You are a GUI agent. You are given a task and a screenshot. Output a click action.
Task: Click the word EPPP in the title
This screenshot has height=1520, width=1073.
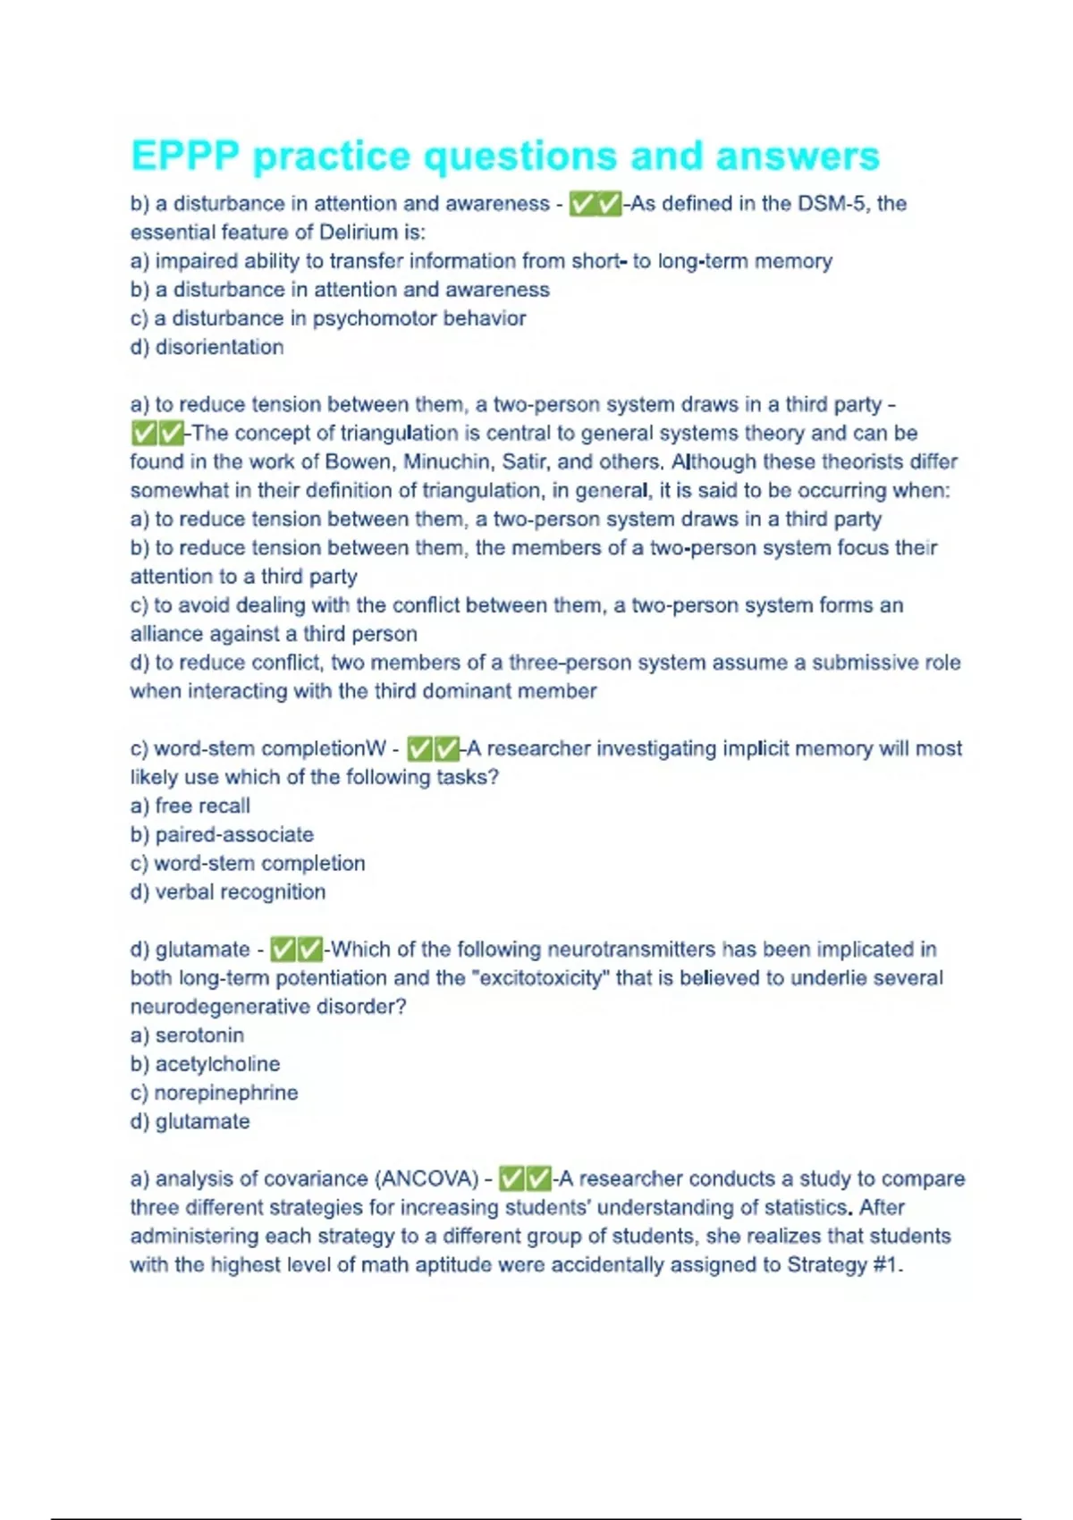(x=185, y=156)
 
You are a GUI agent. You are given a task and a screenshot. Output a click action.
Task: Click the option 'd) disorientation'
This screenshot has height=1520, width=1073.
(x=207, y=347)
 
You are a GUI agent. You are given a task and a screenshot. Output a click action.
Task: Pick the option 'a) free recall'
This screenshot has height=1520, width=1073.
(x=190, y=806)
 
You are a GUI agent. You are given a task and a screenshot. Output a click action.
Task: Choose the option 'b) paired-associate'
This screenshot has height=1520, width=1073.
(x=222, y=834)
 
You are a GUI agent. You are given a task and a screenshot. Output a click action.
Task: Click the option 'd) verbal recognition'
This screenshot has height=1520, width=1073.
(x=228, y=891)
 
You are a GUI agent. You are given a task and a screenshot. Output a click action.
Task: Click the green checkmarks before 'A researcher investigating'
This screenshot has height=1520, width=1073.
(x=433, y=748)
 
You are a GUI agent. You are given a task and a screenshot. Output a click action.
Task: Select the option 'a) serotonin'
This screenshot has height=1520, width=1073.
(x=187, y=1035)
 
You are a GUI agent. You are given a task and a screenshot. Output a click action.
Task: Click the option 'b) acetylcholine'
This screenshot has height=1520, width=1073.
(x=205, y=1064)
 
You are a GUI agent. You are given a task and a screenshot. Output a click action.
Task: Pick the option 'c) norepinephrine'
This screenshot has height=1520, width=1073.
(x=214, y=1093)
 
